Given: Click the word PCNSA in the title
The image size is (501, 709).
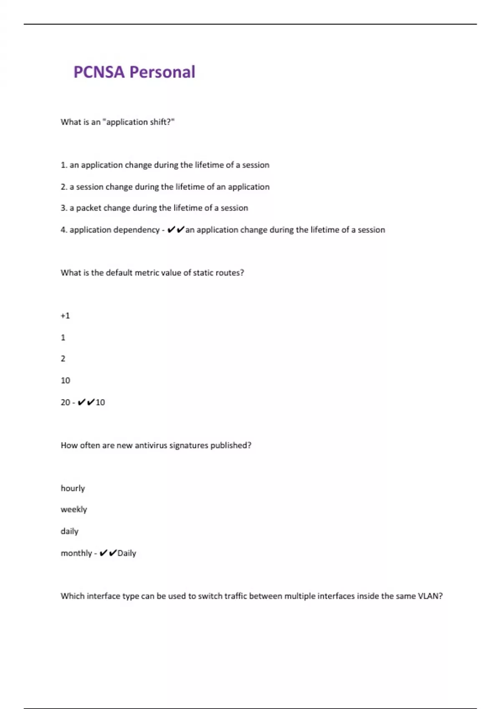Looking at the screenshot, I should point(99,72).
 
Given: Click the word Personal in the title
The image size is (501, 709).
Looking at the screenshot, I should point(162,72).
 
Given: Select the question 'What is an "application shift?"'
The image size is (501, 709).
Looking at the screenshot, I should point(117,122).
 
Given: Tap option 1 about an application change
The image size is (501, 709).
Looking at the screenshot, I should point(165,165).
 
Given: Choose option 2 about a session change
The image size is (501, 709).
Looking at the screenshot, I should point(165,187).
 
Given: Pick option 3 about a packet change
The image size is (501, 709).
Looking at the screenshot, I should point(154,208).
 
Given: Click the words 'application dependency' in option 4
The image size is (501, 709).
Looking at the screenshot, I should point(114,230).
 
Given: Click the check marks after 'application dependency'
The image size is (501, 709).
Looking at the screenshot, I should point(176,230).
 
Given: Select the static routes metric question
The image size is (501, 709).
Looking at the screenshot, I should point(152,273).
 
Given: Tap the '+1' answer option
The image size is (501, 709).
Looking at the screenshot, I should point(65,316).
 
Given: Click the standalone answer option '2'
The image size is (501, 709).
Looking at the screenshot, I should point(63,359).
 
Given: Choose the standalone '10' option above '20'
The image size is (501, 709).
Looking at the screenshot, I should point(66,380).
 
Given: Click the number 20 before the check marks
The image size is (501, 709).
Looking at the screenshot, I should point(65,402).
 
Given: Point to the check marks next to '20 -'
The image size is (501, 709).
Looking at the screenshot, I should point(86,402).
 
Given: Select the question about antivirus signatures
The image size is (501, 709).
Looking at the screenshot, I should point(156,445).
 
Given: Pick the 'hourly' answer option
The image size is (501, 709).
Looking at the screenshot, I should point(73,488).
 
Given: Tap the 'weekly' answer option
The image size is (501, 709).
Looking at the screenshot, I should point(74,510).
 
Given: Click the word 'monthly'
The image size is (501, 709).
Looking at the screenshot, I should point(76,553).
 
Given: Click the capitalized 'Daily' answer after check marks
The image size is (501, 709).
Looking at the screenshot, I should point(127,553).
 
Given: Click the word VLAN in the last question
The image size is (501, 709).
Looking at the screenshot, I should point(430,596).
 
